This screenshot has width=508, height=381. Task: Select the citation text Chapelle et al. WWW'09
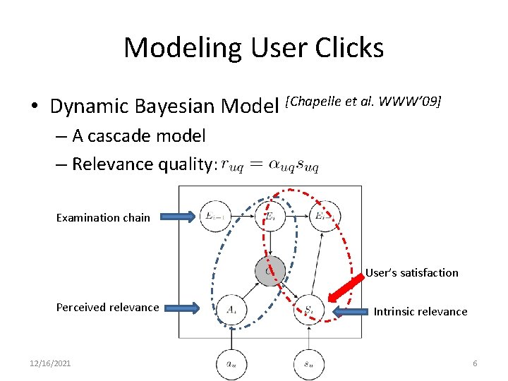click(363, 102)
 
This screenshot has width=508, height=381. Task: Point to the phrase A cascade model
click(138, 135)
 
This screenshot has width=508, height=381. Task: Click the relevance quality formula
click(270, 165)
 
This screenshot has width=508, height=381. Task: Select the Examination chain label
click(103, 217)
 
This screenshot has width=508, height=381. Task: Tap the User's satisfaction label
click(412, 272)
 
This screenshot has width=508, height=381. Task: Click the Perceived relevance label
click(108, 307)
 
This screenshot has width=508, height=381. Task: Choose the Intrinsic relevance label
click(421, 311)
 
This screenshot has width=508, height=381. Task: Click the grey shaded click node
click(270, 270)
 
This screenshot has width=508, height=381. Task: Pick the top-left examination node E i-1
click(216, 216)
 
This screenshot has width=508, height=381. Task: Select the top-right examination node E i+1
click(324, 216)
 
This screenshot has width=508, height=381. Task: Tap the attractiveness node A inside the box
click(232, 308)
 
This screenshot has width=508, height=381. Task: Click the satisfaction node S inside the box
click(309, 308)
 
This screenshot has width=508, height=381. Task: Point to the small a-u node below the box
click(232, 364)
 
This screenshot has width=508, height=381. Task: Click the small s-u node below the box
click(309, 364)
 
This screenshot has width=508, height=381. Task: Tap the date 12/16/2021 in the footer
click(50, 363)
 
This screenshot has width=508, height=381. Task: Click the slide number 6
click(475, 363)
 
